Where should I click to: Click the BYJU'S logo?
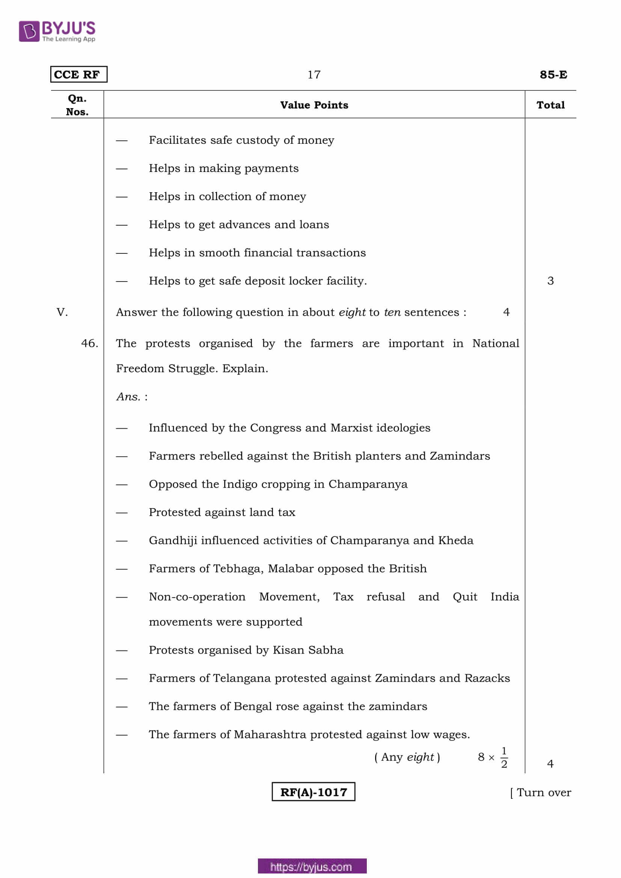[x=57, y=31]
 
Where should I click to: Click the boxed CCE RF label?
[x=78, y=75]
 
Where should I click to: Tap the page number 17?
[x=314, y=75]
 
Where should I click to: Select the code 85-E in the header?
[x=553, y=75]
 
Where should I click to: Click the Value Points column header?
[x=314, y=105]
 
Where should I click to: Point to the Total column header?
[x=550, y=105]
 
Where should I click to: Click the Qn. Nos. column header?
[x=77, y=105]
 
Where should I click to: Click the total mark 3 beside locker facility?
[x=550, y=281]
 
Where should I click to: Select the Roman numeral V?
[x=62, y=312]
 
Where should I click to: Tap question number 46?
[x=89, y=343]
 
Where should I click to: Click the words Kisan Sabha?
[x=308, y=650]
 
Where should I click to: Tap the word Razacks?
[x=487, y=678]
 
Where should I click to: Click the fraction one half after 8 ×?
[x=504, y=758]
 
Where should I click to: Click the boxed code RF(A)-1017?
[x=313, y=792]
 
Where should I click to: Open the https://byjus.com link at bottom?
[x=312, y=867]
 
